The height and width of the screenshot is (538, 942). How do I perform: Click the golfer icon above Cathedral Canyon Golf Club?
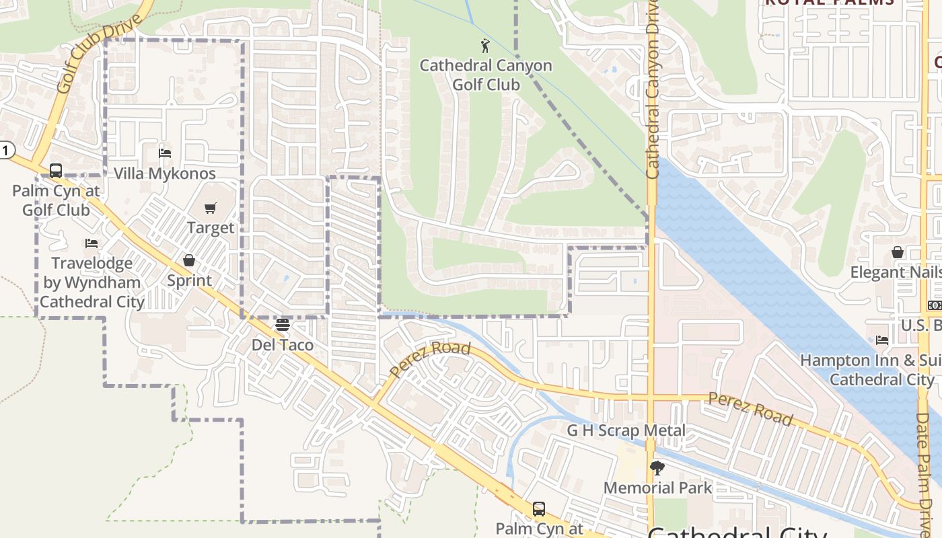click(485, 46)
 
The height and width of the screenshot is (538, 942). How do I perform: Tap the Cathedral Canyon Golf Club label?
click(486, 75)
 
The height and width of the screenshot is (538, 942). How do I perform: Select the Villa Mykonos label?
click(165, 174)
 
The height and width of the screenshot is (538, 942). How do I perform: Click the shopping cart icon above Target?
click(211, 208)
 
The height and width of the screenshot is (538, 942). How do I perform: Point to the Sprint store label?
click(189, 280)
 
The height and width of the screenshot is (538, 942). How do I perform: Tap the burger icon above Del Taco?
click(283, 325)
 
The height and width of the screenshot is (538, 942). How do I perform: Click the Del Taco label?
click(283, 345)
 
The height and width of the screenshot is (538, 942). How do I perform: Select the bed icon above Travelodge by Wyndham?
click(92, 243)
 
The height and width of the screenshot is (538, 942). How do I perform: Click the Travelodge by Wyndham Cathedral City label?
click(92, 282)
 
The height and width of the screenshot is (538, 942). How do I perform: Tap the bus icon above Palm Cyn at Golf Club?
click(56, 171)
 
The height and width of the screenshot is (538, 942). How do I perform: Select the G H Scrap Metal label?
click(626, 430)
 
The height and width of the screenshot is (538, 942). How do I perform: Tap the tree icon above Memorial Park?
click(657, 468)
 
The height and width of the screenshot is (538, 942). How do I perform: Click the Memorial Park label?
click(657, 488)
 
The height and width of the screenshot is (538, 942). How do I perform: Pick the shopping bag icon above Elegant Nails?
click(898, 252)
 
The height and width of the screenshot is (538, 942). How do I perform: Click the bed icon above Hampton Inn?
click(882, 340)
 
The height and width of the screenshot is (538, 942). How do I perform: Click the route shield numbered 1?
click(5, 150)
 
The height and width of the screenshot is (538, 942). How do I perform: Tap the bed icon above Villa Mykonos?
click(165, 153)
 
